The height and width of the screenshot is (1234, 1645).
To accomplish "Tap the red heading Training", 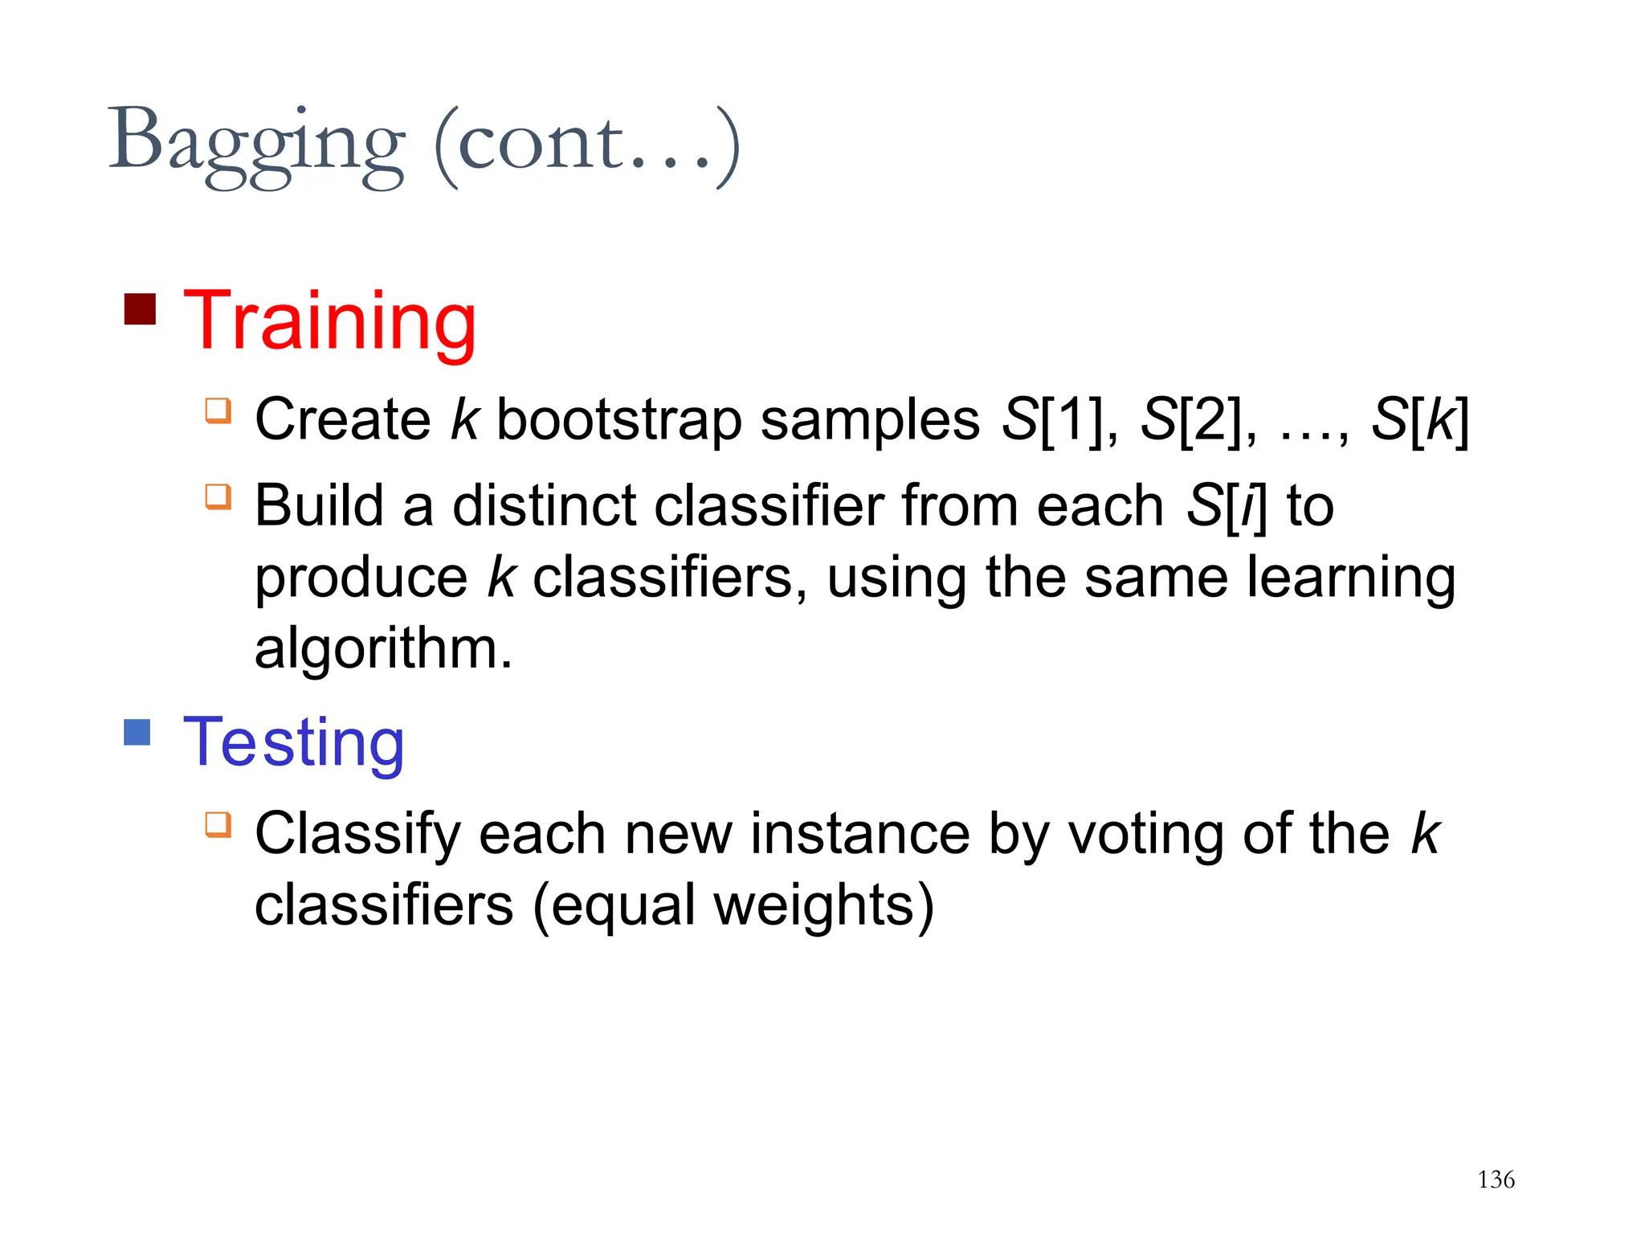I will click(329, 322).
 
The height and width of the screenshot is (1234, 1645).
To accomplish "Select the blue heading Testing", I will click(294, 742).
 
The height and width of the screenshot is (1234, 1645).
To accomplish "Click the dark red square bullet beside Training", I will click(140, 309).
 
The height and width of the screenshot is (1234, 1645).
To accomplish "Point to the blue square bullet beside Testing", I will click(137, 732).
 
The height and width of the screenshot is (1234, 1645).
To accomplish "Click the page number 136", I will click(1496, 1179).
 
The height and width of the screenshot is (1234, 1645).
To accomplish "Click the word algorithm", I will click(382, 649).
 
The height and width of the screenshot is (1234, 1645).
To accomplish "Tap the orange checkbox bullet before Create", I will click(218, 411).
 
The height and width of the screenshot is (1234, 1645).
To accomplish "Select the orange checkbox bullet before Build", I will click(218, 496).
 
